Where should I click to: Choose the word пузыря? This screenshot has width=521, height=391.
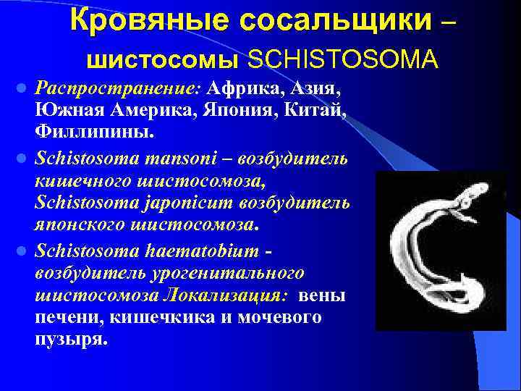71,339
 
